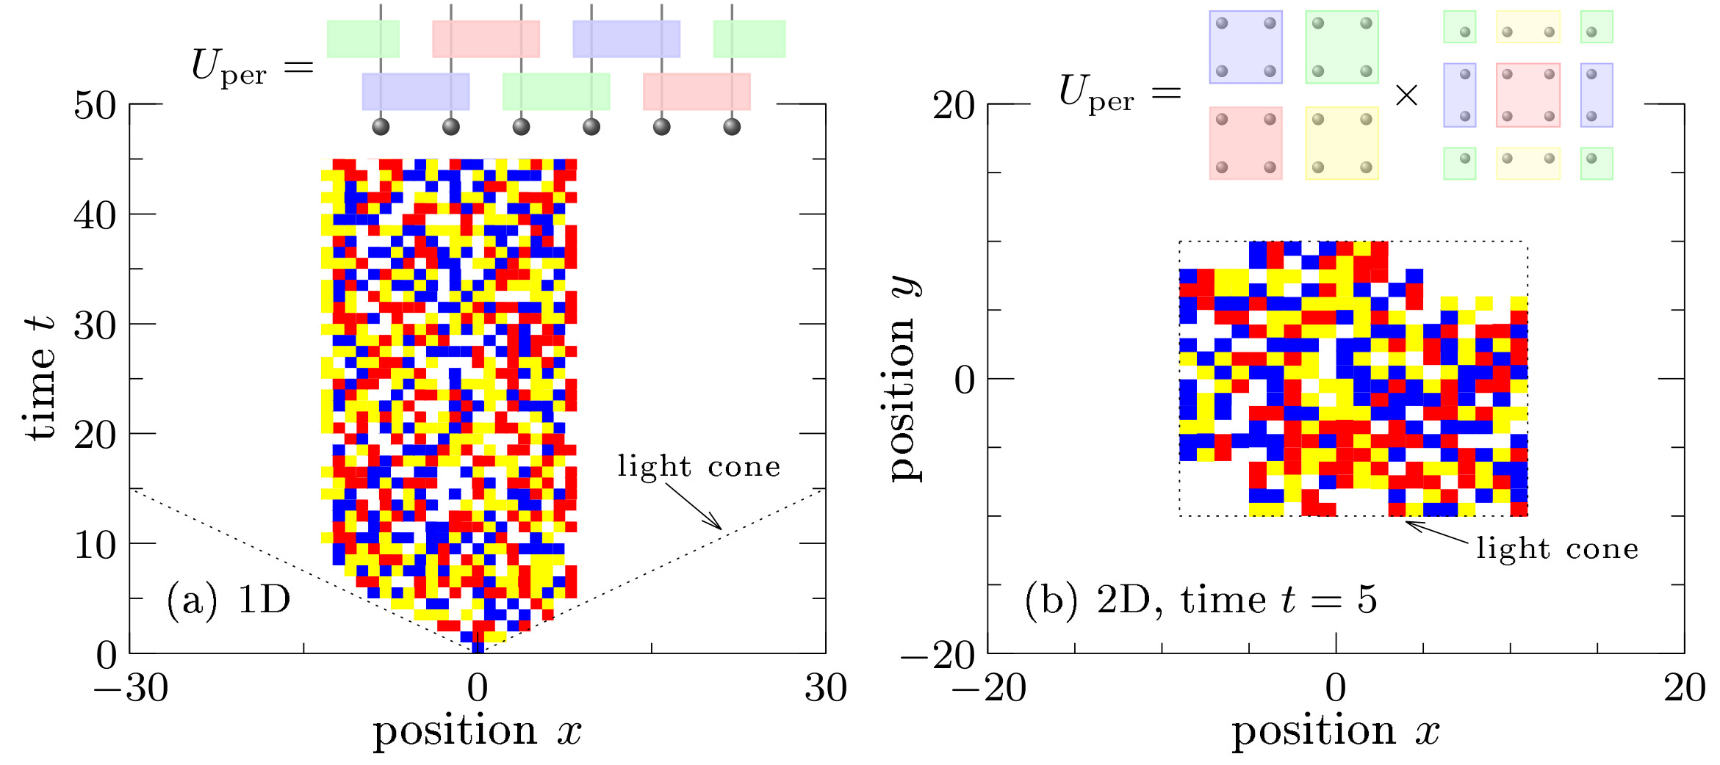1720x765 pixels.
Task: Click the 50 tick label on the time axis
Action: click(x=95, y=106)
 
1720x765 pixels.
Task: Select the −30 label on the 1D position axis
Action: click(x=131, y=688)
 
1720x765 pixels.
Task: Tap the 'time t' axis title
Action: click(x=40, y=378)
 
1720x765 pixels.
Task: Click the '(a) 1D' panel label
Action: click(x=229, y=600)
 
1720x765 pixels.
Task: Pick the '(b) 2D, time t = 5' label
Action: click(x=1201, y=600)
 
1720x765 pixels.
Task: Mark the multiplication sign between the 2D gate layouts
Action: click(x=1406, y=95)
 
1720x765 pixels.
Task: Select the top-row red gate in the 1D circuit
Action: click(x=486, y=39)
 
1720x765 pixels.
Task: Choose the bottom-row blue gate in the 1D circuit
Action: click(x=416, y=92)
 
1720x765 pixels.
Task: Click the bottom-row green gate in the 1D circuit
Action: click(x=556, y=92)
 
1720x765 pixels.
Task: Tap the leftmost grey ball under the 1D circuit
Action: click(x=381, y=127)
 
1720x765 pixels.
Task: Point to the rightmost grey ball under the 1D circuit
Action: click(x=732, y=127)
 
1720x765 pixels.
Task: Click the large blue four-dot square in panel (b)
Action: click(x=1245, y=47)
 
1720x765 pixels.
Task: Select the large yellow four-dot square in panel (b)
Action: click(x=1342, y=143)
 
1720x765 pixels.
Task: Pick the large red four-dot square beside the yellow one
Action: click(x=1245, y=143)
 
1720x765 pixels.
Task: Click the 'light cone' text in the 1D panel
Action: click(x=699, y=466)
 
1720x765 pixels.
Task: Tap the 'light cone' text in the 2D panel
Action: click(x=1558, y=548)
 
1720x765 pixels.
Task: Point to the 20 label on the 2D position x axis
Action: click(x=1685, y=688)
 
